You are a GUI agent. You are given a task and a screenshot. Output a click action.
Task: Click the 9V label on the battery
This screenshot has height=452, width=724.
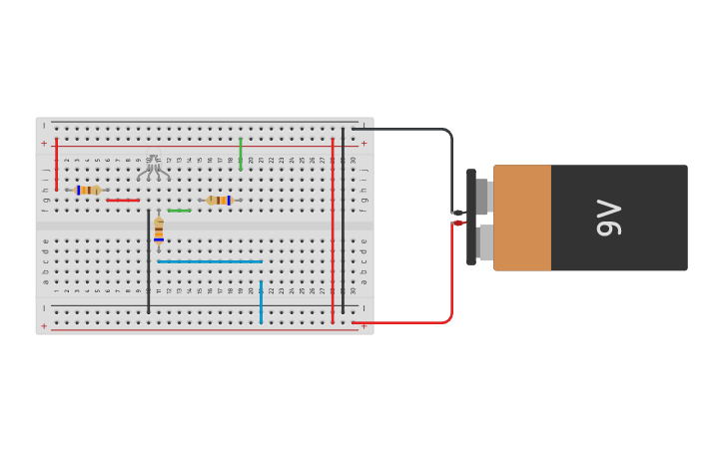coord(608,218)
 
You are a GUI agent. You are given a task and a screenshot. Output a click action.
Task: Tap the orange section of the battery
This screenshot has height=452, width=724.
coord(521,218)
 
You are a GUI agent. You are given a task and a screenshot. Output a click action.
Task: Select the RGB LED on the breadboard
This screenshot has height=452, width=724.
coord(153,166)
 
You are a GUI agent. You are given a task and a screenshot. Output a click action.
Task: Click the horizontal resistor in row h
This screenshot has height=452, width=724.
coord(88,190)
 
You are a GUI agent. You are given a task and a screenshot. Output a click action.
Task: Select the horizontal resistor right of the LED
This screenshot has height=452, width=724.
coord(219,201)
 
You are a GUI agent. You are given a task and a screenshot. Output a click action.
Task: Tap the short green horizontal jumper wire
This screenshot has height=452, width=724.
coord(179,211)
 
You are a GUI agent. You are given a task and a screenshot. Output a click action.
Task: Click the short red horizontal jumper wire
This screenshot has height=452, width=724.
coord(123,201)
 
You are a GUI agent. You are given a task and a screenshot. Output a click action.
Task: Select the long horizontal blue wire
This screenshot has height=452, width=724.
coord(210,261)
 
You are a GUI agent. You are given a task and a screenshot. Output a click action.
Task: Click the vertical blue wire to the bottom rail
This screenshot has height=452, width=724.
coord(261,301)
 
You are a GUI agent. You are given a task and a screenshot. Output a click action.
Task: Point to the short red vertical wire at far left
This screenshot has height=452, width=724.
coord(56,165)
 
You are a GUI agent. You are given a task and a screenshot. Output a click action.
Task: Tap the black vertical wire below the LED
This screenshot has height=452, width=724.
coord(149,261)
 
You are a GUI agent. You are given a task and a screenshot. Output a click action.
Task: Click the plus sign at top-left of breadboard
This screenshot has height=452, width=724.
coord(44,144)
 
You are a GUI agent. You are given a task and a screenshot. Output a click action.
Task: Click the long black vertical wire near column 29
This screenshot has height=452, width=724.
coord(343,220)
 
